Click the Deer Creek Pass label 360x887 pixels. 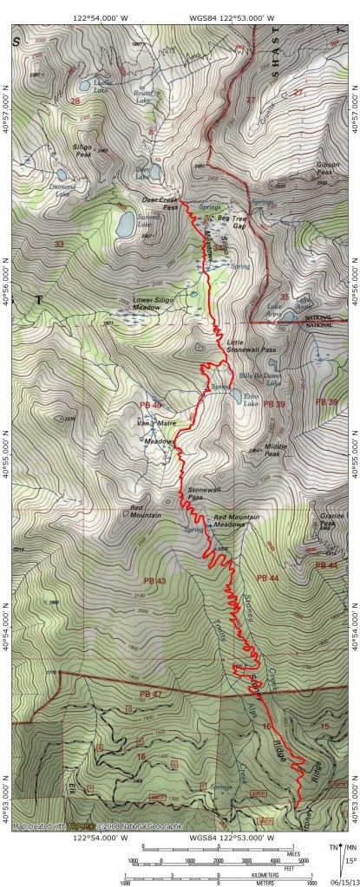160,203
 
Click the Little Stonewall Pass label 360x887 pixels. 252,345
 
